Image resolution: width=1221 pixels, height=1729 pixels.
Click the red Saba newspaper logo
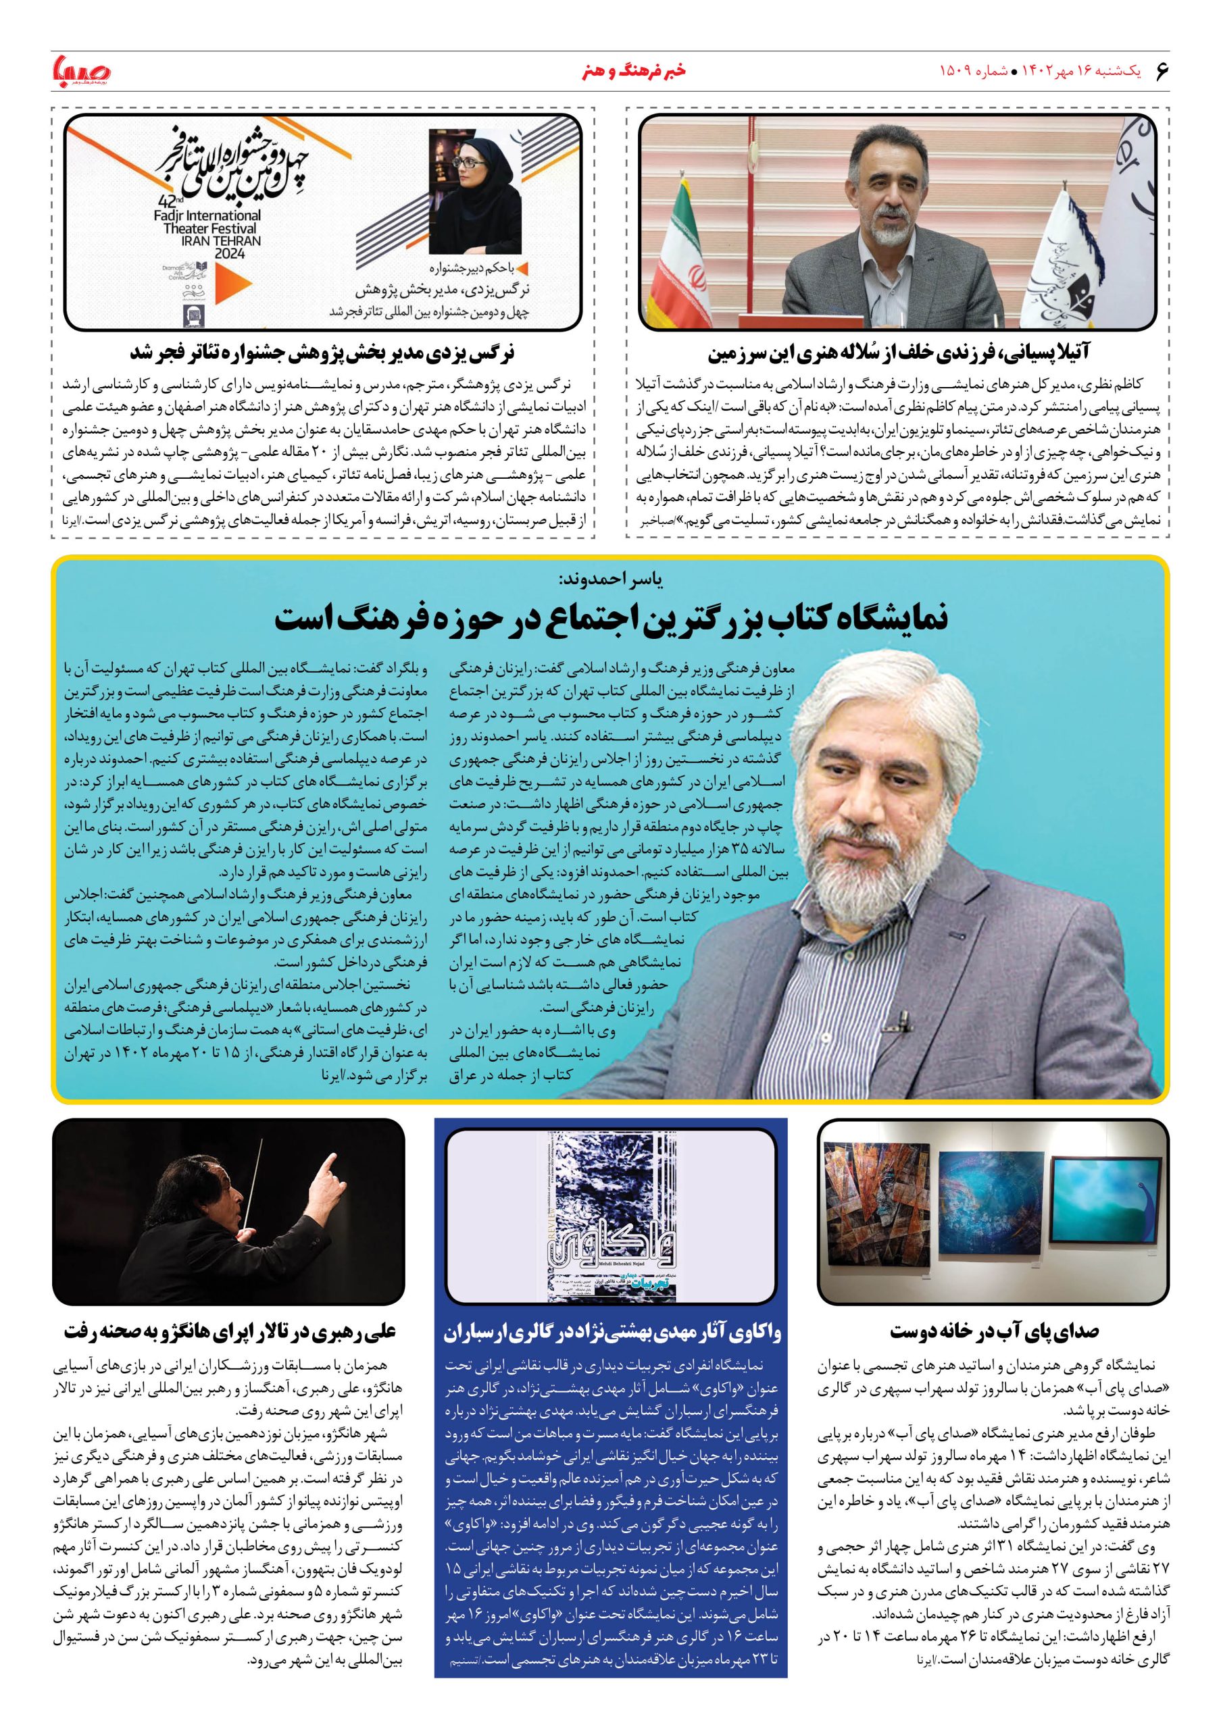(81, 72)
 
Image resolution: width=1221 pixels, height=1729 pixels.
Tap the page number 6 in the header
(1161, 72)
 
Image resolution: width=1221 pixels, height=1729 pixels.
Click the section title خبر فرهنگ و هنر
(612, 72)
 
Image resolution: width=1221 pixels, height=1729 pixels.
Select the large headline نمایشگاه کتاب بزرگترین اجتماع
(610, 620)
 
